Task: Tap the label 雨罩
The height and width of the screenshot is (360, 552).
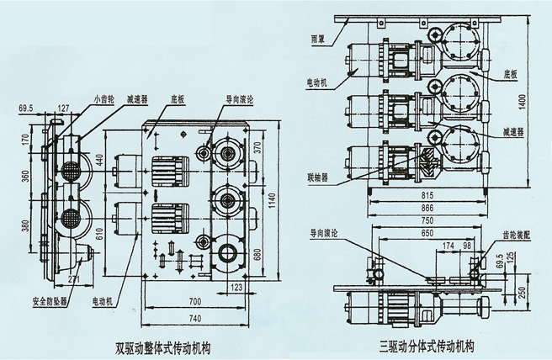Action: click(x=316, y=39)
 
